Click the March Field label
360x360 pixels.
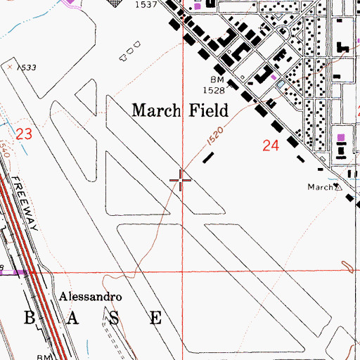click(x=180, y=110)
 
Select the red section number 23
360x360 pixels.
click(x=25, y=133)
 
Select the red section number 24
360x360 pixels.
click(x=271, y=146)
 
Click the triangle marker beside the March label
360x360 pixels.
click(x=337, y=187)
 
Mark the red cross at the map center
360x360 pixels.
click(x=181, y=181)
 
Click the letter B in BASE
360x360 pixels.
click(x=29, y=316)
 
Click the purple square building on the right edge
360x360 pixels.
click(x=341, y=136)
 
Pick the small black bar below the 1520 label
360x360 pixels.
click(x=207, y=158)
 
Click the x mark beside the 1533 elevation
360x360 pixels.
click(x=11, y=66)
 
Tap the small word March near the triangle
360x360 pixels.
click(x=319, y=187)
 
